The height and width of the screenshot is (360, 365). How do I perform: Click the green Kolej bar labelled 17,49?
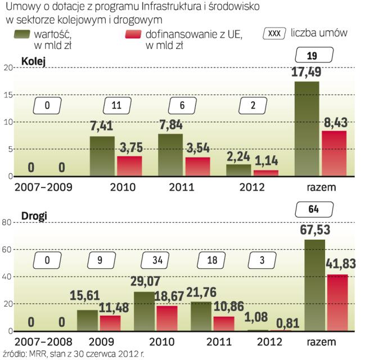(x=307, y=129)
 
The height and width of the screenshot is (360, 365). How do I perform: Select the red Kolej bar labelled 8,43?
(x=334, y=154)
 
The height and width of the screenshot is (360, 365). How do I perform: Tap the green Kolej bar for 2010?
(x=102, y=156)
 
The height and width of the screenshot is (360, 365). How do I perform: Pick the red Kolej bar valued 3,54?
(x=198, y=167)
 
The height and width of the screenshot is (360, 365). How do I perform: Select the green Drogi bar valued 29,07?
(x=145, y=311)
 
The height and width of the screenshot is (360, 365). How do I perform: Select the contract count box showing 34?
(x=154, y=260)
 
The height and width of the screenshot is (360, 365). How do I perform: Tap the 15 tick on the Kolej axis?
(x=8, y=95)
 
